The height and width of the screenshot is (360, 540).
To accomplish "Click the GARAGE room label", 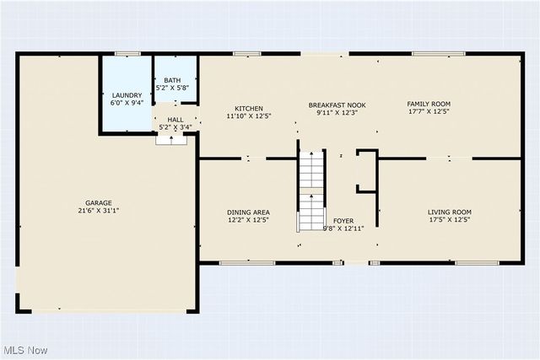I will point(98,203).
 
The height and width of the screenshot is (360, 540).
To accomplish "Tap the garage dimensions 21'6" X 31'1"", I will point(98,211).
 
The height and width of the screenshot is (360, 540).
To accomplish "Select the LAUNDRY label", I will point(127,95).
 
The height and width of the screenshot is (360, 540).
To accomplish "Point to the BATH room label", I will point(172,80).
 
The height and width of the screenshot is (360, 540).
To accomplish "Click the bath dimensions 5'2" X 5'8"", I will point(172,88).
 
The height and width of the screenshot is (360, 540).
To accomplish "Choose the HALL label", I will point(175,120).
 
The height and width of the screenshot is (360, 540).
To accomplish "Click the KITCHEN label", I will point(249,109).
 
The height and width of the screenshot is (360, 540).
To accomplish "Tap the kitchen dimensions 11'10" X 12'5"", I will point(249,116).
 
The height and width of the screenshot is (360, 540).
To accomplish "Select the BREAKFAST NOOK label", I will point(337,104).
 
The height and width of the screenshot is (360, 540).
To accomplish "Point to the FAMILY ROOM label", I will point(430,103).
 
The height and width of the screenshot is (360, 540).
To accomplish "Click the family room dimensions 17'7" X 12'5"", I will point(430,110).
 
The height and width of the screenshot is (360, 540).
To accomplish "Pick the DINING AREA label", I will point(248,212).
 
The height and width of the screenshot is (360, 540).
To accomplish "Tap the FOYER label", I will point(343,220).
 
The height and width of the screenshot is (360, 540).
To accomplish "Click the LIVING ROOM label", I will point(450,212).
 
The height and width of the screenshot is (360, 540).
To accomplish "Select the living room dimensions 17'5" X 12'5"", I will point(450,220).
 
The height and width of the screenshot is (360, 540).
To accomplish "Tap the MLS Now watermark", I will point(24,350).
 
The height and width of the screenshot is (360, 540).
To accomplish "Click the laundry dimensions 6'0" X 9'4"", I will point(127,103).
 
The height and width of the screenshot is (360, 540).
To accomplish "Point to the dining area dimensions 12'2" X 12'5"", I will point(248,220).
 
